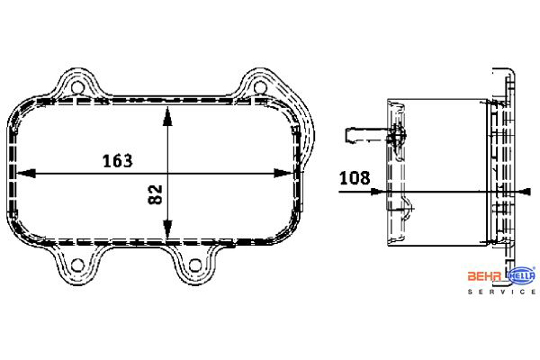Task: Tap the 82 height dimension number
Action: pos(154,193)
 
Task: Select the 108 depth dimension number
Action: pos(355,178)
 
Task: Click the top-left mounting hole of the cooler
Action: pos(77,89)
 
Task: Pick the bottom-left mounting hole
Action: pos(77,265)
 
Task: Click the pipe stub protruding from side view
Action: pos(357,137)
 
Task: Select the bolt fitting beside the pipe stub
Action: pos(399,137)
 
